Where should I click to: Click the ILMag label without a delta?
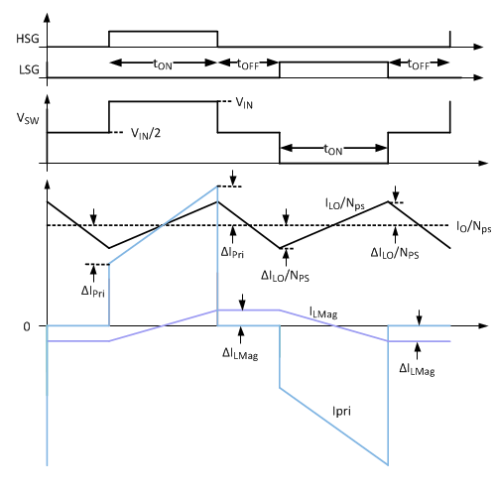(x=323, y=313)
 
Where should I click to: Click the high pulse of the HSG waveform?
(x=163, y=32)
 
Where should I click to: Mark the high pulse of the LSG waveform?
(x=333, y=62)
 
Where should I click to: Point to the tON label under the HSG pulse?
(x=163, y=63)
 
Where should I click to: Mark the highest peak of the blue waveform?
(x=218, y=186)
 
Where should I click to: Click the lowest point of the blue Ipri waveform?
(x=387, y=463)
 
